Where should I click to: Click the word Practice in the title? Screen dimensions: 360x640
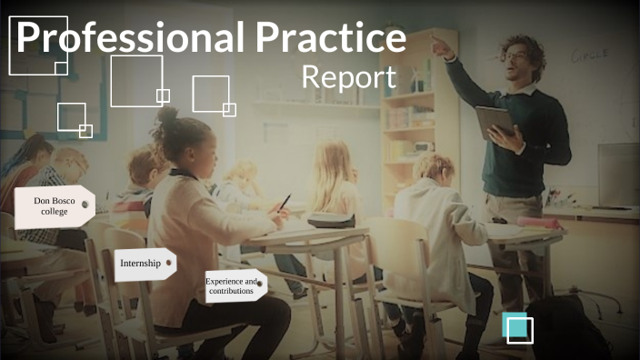[330, 37]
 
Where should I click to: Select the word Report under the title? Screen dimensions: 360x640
[348, 76]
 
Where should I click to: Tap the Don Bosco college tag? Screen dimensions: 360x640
[54, 206]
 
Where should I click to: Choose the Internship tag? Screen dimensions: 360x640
[144, 264]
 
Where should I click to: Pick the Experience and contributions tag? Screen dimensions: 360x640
[233, 285]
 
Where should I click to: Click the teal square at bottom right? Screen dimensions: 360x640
[518, 327]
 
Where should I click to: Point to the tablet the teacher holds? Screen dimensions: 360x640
[494, 119]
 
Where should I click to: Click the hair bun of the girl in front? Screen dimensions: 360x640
[168, 116]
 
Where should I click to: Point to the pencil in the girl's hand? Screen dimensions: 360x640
[284, 203]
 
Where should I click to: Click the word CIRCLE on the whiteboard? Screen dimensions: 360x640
[589, 55]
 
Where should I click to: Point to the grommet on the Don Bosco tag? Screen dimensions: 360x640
[85, 205]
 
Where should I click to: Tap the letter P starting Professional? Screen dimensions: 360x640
[30, 38]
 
